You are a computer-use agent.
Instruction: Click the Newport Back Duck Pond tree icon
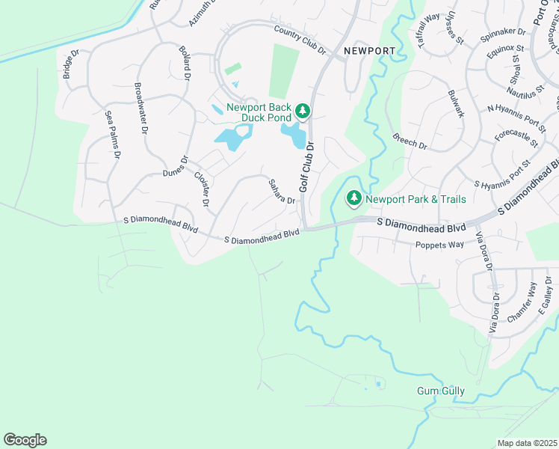pyautogui.click(x=302, y=112)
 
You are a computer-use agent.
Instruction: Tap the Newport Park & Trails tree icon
pyautogui.click(x=353, y=199)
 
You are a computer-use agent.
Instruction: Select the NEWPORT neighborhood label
pyautogui.click(x=369, y=51)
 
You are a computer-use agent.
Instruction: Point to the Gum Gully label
pyautogui.click(x=441, y=391)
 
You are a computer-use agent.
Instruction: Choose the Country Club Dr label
pyautogui.click(x=300, y=40)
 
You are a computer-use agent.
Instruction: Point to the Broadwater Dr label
pyautogui.click(x=140, y=108)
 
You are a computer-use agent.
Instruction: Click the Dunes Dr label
pyautogui.click(x=178, y=173)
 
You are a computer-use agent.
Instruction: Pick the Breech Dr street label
pyautogui.click(x=409, y=140)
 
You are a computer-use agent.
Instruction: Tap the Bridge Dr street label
pyautogui.click(x=70, y=65)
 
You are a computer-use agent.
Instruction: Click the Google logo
pyautogui.click(x=25, y=440)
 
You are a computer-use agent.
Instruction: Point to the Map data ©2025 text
pyautogui.click(x=527, y=443)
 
